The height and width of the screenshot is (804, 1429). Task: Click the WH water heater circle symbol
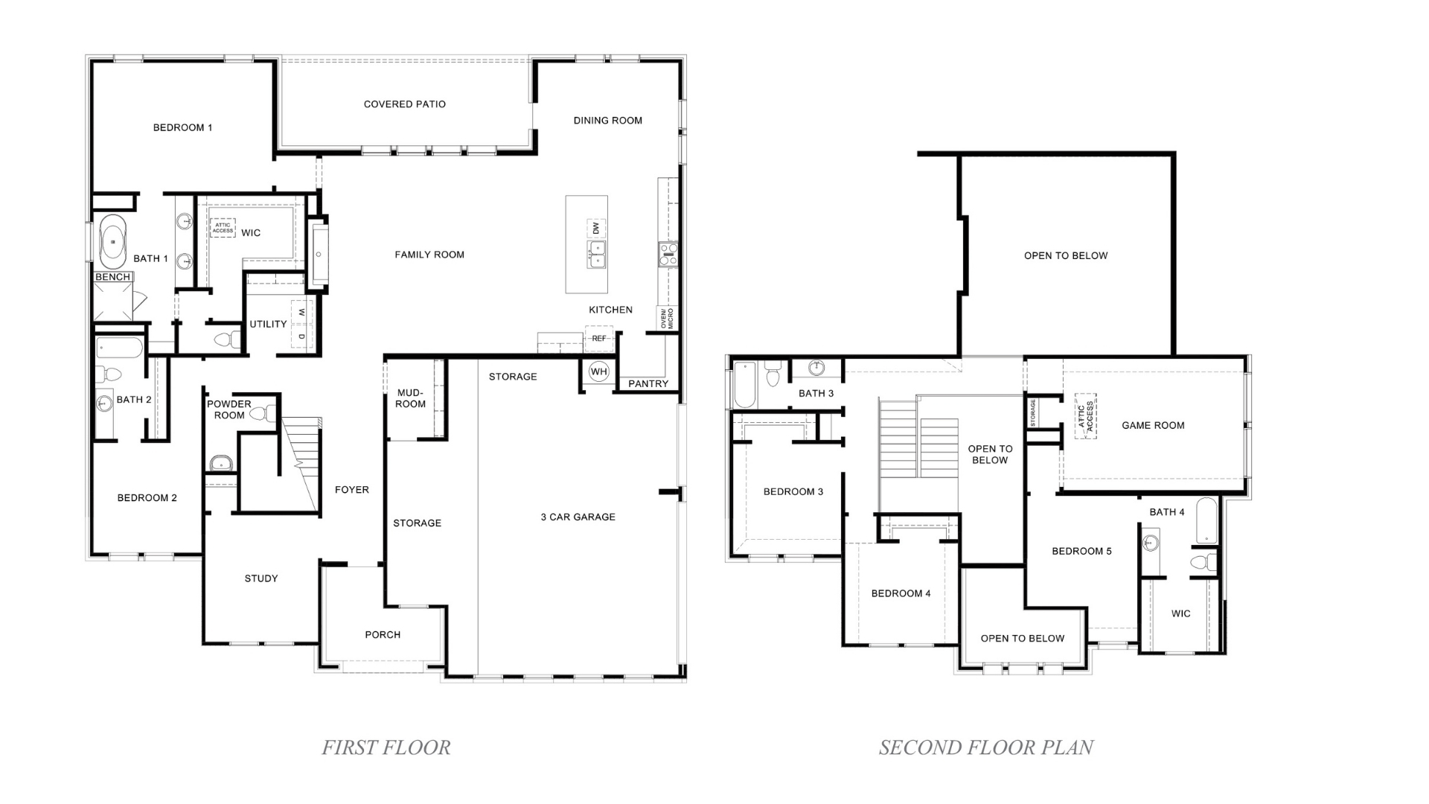(x=598, y=371)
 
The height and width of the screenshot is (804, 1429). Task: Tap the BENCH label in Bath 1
(x=113, y=277)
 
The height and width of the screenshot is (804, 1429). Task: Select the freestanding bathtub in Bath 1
(x=113, y=242)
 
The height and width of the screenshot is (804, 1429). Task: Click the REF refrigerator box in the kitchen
(x=599, y=339)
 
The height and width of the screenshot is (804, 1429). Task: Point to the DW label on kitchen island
(x=595, y=228)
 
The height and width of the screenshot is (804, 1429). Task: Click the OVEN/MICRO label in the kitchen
(x=667, y=318)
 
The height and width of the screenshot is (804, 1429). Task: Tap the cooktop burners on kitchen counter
(x=668, y=255)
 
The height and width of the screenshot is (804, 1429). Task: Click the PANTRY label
(x=648, y=383)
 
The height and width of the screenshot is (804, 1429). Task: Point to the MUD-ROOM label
(x=410, y=398)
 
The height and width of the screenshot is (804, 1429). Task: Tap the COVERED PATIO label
(x=404, y=104)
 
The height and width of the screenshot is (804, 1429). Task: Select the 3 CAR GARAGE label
(x=578, y=517)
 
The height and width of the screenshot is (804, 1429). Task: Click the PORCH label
(x=383, y=635)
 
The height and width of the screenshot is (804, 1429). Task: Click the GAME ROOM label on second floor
(x=1153, y=426)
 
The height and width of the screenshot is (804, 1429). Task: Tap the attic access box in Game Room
(x=1085, y=416)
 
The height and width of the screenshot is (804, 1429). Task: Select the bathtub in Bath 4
(x=1206, y=521)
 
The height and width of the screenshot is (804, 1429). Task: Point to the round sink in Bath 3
(x=816, y=368)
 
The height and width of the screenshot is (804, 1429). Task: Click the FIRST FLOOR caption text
(x=386, y=747)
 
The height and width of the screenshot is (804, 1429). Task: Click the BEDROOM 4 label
(x=901, y=593)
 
